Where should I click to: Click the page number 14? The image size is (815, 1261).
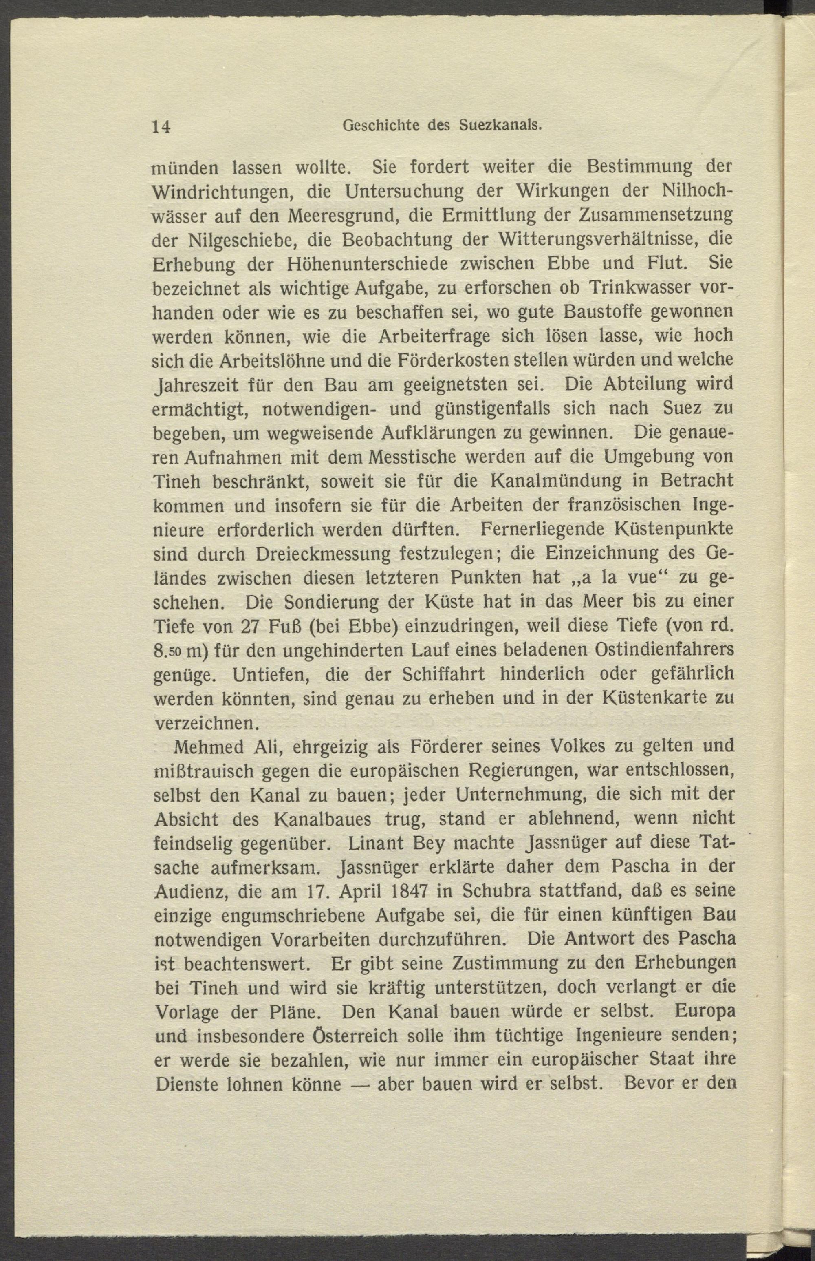tap(161, 126)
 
